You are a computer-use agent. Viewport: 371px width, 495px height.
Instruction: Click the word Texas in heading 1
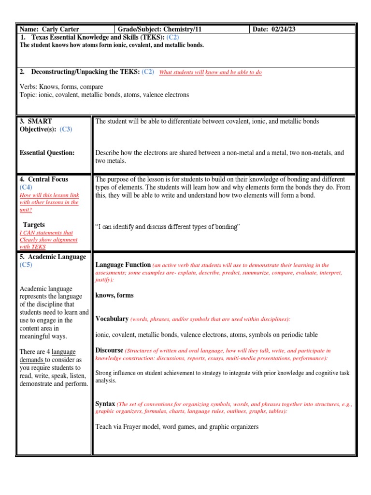pyautogui.click(x=41, y=37)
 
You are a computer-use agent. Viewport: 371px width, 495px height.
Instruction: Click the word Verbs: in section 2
pyautogui.click(x=29, y=87)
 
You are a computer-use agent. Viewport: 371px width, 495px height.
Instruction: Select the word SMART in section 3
pyautogui.click(x=41, y=121)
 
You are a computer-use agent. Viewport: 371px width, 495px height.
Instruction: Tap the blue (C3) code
pyautogui.click(x=66, y=129)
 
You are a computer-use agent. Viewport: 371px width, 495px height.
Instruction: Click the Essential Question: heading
pyautogui.click(x=47, y=153)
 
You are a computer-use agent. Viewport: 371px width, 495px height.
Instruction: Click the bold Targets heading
pyautogui.click(x=34, y=225)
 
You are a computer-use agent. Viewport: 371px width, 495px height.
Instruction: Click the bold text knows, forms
pyautogui.click(x=114, y=295)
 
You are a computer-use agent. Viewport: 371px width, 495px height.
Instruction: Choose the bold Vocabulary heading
pyautogui.click(x=112, y=319)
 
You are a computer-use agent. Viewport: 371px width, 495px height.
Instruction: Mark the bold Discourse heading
pyautogui.click(x=109, y=350)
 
